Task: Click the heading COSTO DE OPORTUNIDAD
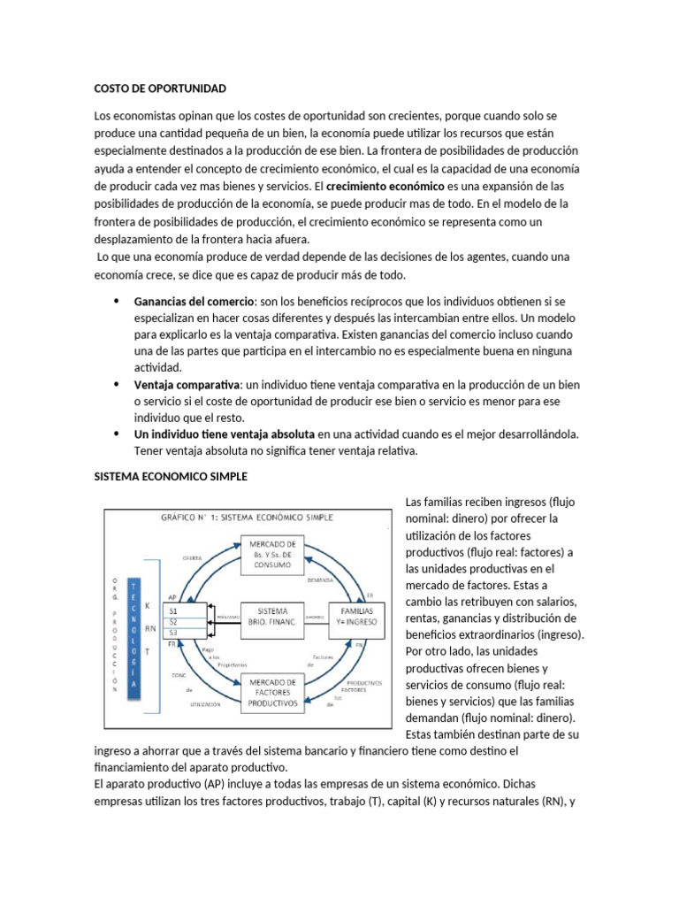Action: [161, 88]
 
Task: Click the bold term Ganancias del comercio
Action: [194, 302]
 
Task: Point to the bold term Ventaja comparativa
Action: [187, 385]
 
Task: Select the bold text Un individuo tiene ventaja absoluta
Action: [224, 434]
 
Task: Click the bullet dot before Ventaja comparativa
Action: [117, 385]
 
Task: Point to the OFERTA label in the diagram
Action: [192, 558]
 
